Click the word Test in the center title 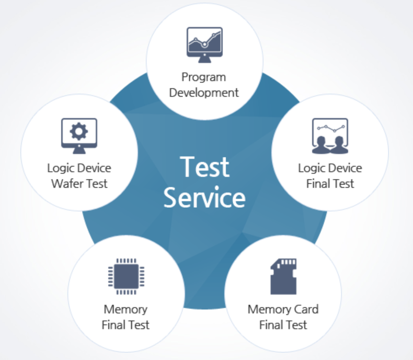tap(205, 167)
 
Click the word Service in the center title tap(204, 198)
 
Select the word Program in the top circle tap(204, 77)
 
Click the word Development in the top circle tap(204, 93)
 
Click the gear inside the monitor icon tap(79, 131)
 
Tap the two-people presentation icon tap(329, 136)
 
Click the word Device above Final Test tap(345, 168)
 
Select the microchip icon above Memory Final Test tap(125, 276)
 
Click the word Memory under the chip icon tap(125, 309)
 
